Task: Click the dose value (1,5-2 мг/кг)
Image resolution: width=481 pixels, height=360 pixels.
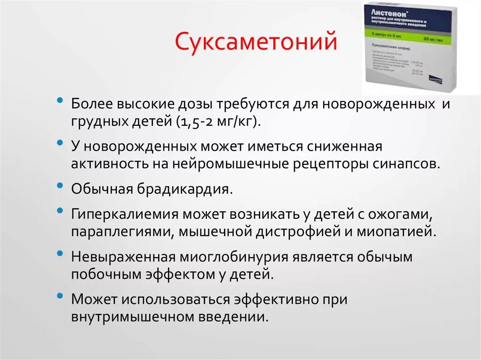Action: [218, 122]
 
